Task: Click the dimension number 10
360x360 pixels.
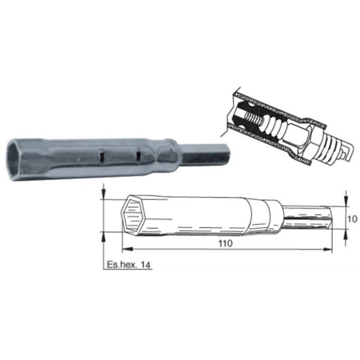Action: tap(352, 220)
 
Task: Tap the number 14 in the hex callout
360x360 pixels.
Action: tap(144, 265)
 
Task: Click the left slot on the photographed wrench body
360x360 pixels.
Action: tap(102, 156)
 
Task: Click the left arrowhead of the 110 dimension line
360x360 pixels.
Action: tap(126, 249)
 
